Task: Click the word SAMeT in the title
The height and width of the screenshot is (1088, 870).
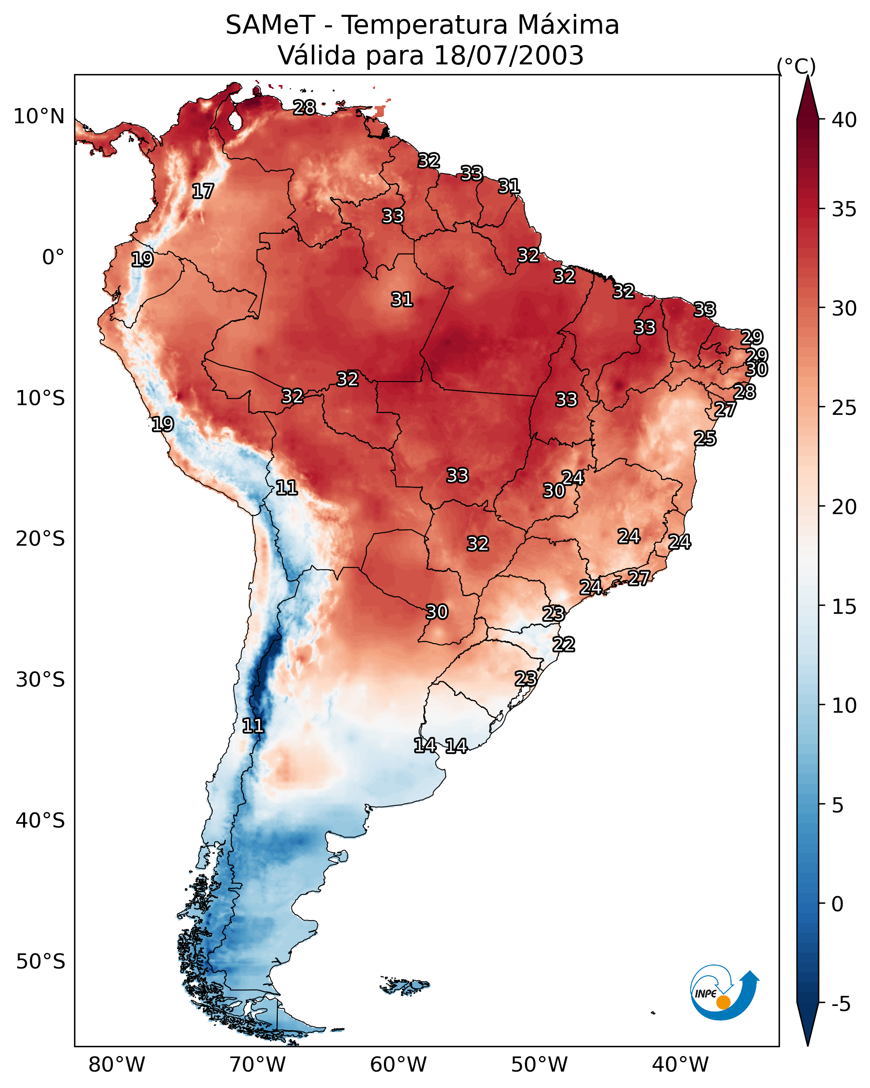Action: (x=270, y=25)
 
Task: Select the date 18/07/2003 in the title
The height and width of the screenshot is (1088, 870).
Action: (x=508, y=56)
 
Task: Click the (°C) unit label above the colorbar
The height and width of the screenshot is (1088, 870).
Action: (x=796, y=66)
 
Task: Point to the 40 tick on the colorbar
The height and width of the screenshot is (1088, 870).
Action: (x=844, y=120)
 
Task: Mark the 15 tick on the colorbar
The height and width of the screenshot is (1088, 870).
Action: (x=844, y=607)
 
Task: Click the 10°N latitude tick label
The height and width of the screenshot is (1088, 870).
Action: (x=39, y=117)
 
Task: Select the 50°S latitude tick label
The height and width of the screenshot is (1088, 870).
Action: (x=40, y=962)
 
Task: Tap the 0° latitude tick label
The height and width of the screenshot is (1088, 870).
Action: (x=53, y=257)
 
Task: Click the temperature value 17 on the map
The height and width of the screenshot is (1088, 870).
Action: (x=203, y=191)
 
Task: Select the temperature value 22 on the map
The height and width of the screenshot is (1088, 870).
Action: (x=564, y=645)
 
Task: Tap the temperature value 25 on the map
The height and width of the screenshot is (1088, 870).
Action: (x=705, y=438)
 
